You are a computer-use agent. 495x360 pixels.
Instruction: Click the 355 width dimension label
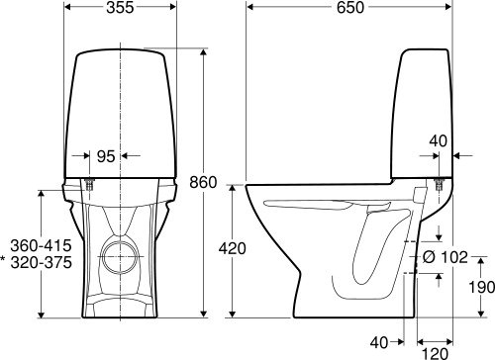(x=120, y=8)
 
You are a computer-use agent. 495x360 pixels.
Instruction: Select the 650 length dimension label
(x=350, y=8)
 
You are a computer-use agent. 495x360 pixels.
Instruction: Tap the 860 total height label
(x=203, y=182)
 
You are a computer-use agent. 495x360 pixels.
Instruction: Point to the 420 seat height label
(x=233, y=248)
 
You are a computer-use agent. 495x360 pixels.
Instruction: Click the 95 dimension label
(x=106, y=156)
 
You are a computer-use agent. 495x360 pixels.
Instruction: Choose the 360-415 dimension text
(x=41, y=245)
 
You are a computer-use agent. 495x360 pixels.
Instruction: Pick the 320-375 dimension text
(x=41, y=262)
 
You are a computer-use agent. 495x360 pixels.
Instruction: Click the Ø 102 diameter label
(x=445, y=257)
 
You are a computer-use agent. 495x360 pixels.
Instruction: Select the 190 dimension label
(x=482, y=288)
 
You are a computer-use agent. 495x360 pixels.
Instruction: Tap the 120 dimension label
(x=435, y=354)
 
